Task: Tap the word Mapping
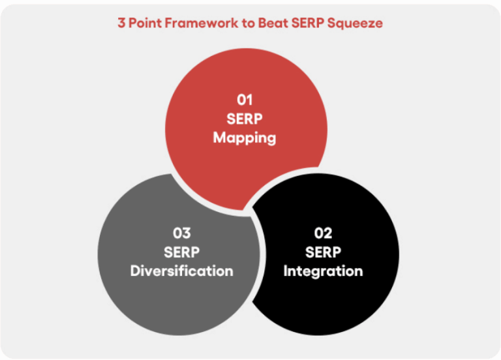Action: [244, 138]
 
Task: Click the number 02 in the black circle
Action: [323, 233]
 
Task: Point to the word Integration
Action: [323, 271]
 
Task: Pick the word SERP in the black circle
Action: [323, 252]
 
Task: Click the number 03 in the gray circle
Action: [181, 233]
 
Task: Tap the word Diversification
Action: [181, 271]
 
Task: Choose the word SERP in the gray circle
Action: [181, 252]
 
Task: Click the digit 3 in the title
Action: [121, 23]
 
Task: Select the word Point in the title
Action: [145, 23]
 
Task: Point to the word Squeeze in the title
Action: [356, 23]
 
